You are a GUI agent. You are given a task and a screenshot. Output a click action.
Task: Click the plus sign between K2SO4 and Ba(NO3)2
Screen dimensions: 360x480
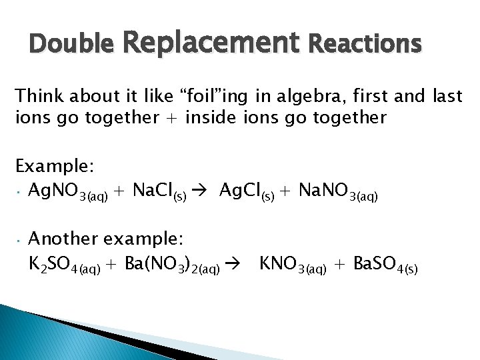[x=111, y=265]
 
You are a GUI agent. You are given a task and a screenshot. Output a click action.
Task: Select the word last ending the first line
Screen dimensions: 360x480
[x=446, y=97]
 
